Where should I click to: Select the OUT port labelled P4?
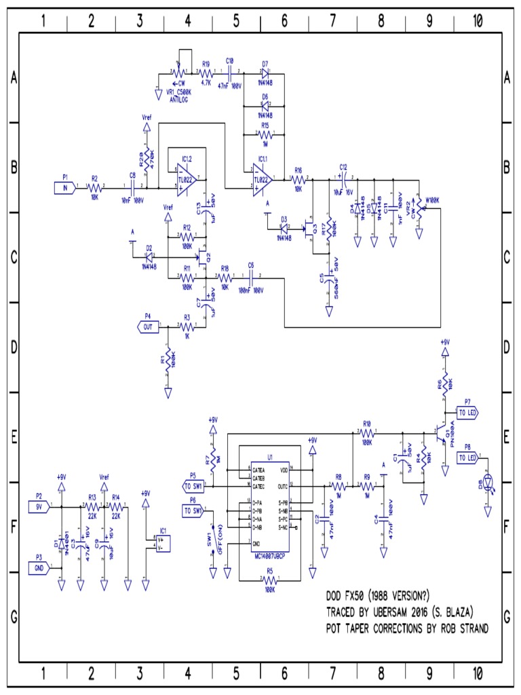coord(148,327)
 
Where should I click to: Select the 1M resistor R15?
coord(264,136)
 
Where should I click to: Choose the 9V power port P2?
coord(39,506)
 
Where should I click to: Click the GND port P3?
coord(39,567)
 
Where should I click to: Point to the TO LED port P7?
coord(467,412)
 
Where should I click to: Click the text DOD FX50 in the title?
coord(347,597)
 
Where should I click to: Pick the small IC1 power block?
coord(163,542)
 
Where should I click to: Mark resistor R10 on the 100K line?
coord(367,432)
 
